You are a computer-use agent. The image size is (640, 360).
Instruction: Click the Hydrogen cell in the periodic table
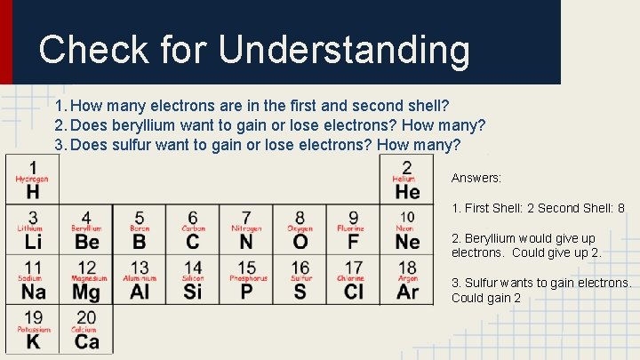click(x=33, y=180)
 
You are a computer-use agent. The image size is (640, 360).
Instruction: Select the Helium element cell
click(x=407, y=180)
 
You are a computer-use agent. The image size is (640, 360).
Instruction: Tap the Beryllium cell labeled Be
click(x=86, y=230)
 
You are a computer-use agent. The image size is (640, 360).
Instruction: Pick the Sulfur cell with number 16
click(x=300, y=280)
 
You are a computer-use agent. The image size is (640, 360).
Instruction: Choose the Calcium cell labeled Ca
click(x=86, y=330)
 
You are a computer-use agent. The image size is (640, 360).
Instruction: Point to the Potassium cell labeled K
click(x=33, y=330)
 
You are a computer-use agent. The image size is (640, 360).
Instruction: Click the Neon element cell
click(x=407, y=230)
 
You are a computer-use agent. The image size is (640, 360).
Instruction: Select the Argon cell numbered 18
click(x=407, y=280)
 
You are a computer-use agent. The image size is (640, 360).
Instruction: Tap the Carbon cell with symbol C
click(x=193, y=230)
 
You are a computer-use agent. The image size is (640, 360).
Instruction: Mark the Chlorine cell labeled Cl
click(x=353, y=280)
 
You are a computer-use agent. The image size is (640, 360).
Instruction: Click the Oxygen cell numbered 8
click(x=300, y=230)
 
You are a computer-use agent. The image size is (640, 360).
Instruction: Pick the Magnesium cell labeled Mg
click(x=86, y=280)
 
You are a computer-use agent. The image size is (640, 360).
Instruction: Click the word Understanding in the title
click(x=344, y=50)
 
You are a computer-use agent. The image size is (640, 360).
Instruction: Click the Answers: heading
click(x=476, y=178)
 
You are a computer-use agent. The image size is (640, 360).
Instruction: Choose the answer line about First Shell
click(x=538, y=209)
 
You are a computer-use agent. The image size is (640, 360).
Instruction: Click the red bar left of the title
click(x=6, y=42)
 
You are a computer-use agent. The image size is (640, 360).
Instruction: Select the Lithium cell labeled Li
click(x=33, y=230)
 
